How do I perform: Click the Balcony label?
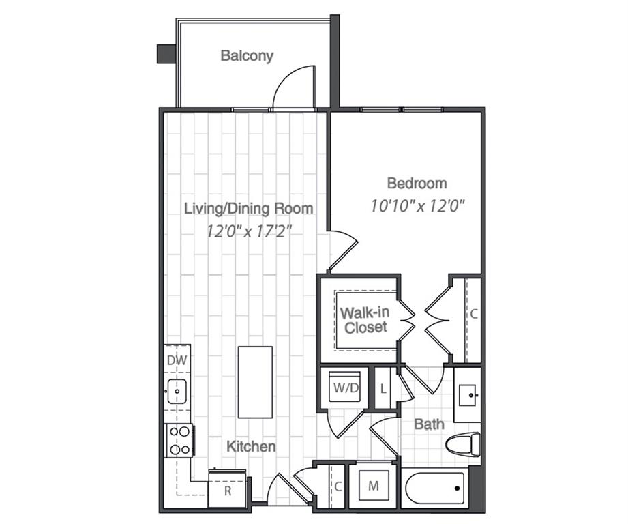click(247, 56)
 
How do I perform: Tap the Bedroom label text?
click(417, 183)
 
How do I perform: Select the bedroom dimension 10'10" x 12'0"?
click(417, 205)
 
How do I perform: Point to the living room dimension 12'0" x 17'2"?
click(249, 231)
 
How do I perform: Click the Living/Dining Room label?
click(249, 208)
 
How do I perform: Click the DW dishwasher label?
click(176, 360)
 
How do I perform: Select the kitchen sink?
click(177, 391)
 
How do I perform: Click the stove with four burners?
click(179, 440)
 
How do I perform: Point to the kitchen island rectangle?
click(255, 382)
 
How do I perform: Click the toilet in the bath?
click(462, 446)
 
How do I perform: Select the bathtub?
click(434, 488)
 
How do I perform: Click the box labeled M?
click(373, 486)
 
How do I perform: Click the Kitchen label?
click(251, 447)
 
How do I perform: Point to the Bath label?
click(429, 424)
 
